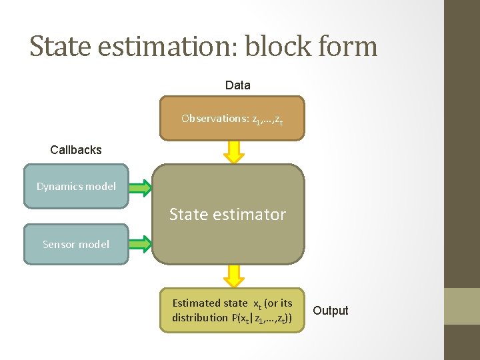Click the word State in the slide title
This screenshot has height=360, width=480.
coord(59,46)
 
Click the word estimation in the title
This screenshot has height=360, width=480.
coord(167,46)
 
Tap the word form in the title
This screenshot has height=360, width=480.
coord(351,46)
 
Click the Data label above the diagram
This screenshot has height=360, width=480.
coord(238,85)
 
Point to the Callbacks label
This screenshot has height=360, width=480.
coord(76,150)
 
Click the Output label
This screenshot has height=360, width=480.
coord(331,311)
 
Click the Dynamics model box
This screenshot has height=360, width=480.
coord(76,187)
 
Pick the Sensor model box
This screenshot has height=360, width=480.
coord(76,244)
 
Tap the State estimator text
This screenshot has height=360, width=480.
coord(227,215)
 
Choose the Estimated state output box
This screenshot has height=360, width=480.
coord(231,310)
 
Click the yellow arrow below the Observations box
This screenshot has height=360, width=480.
coord(233,152)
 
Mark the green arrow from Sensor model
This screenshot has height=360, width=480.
coord(140,244)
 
